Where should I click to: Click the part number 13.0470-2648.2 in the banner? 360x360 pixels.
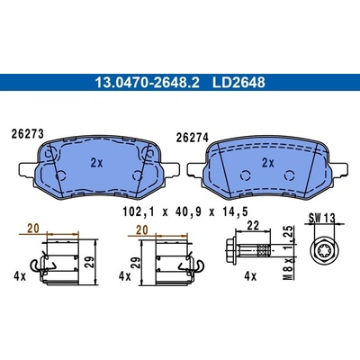pos(147,83)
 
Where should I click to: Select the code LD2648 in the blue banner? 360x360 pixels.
pos(238,83)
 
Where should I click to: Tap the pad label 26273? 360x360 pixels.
pos(28,134)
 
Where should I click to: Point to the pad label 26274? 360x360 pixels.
pos(193,138)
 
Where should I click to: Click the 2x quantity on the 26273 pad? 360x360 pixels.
pos(96,163)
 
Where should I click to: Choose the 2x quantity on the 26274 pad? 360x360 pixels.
pos(268,163)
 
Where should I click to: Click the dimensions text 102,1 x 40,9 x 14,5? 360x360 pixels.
pos(185,211)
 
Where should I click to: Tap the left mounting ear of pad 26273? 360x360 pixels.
pos(28,170)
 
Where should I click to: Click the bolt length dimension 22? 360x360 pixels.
pos(253,226)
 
